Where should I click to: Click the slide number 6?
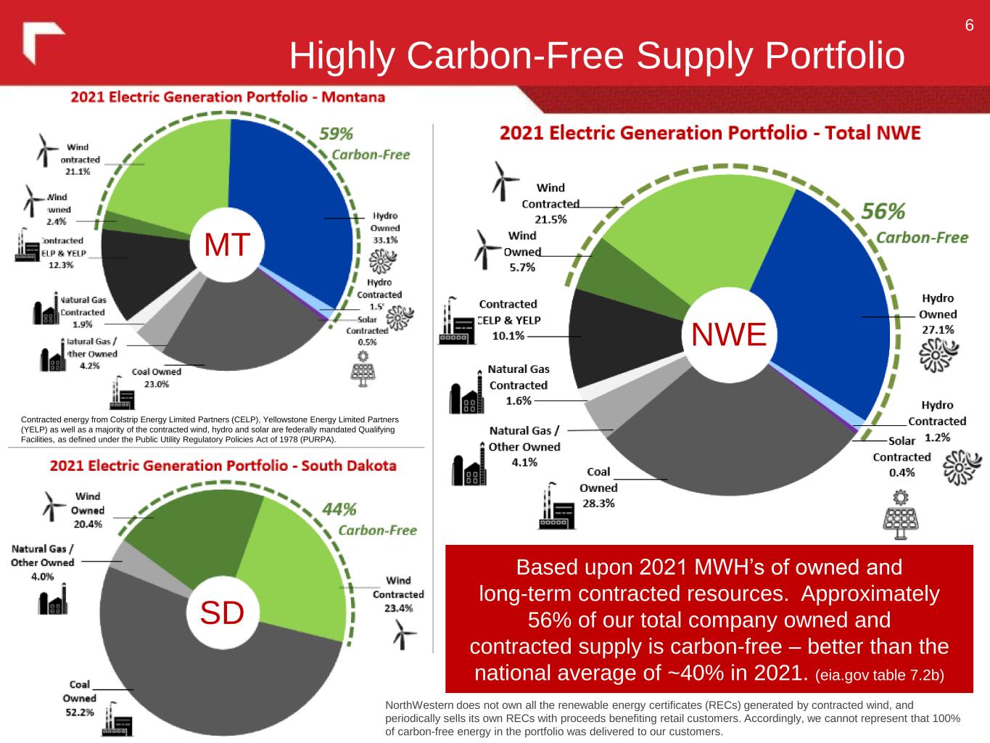(969, 26)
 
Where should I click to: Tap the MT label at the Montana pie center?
(227, 245)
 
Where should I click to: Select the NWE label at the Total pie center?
(728, 334)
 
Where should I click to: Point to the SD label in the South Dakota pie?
(222, 614)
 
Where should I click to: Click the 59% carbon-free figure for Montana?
(337, 134)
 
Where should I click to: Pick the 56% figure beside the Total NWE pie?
(883, 211)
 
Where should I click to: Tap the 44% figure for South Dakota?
(339, 509)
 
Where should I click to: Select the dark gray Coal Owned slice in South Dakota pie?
(218, 682)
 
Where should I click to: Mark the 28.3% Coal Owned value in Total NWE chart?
(598, 504)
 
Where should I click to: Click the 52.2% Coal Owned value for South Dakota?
(78, 713)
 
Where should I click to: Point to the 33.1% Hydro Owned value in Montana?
(384, 240)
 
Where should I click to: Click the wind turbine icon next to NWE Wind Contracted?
(499, 180)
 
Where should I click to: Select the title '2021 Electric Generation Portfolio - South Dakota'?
(223, 465)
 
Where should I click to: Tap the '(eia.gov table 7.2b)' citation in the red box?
(879, 676)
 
